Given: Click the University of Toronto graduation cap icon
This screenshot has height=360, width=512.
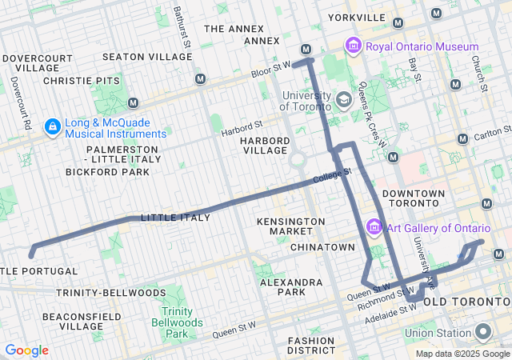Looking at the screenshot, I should [x=344, y=101].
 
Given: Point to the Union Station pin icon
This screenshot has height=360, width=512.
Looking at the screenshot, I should [x=483, y=332].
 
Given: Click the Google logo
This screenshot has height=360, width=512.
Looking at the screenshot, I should [x=26, y=350].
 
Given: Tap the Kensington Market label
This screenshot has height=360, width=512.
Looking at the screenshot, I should [x=291, y=226].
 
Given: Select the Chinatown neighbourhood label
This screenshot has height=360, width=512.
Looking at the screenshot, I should [x=322, y=247].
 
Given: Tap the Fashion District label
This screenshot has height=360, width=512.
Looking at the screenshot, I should [x=311, y=345].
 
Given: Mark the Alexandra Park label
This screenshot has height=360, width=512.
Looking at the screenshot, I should [x=290, y=287].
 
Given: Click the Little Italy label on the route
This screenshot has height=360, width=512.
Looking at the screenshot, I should [x=175, y=218].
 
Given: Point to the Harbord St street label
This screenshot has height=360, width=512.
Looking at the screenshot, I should [x=242, y=126].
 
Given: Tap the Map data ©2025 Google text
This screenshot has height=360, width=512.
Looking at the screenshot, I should [x=462, y=354].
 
